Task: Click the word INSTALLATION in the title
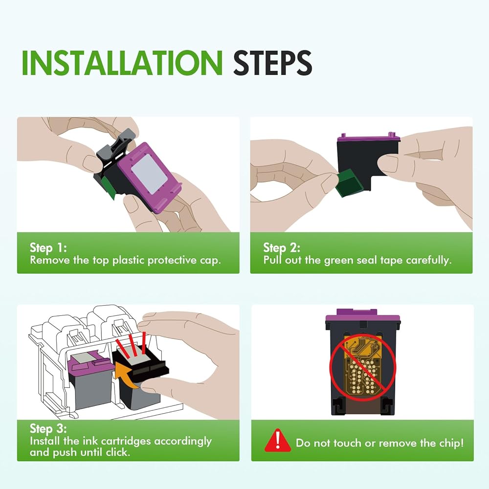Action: coord(122,63)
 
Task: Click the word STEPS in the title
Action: coord(272,63)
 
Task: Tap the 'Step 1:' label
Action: coord(48,248)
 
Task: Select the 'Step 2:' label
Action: coord(282,248)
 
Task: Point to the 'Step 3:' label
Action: coord(48,428)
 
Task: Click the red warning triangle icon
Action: coord(277,440)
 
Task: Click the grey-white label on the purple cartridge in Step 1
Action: coord(149,173)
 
